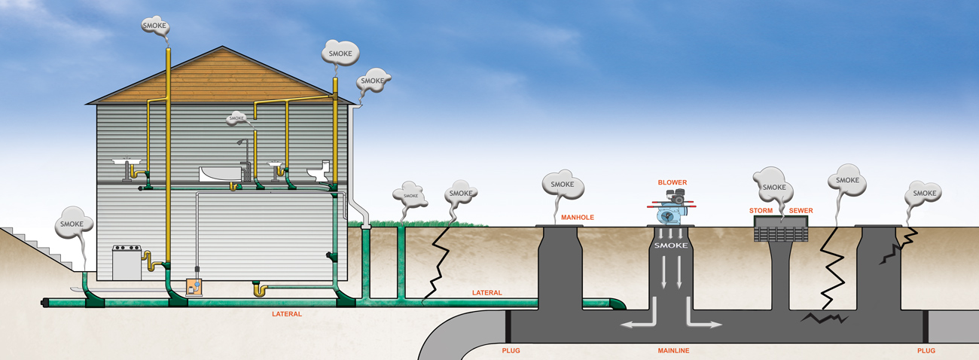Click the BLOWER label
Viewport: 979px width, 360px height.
[672, 182]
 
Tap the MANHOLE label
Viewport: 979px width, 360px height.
[578, 218]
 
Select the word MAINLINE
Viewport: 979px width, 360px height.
[673, 351]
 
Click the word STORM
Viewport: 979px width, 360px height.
[761, 210]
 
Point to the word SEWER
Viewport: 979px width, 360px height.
[801, 210]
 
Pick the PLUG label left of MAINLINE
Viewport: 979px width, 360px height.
[511, 351]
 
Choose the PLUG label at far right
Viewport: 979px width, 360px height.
[927, 351]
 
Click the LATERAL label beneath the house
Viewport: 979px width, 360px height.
[286, 314]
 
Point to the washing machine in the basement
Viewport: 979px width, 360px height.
[126, 261]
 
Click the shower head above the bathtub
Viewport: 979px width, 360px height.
[239, 142]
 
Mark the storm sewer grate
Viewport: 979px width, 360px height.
[781, 232]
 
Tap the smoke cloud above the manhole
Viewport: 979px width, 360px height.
[562, 185]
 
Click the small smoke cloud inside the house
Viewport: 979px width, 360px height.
[236, 118]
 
